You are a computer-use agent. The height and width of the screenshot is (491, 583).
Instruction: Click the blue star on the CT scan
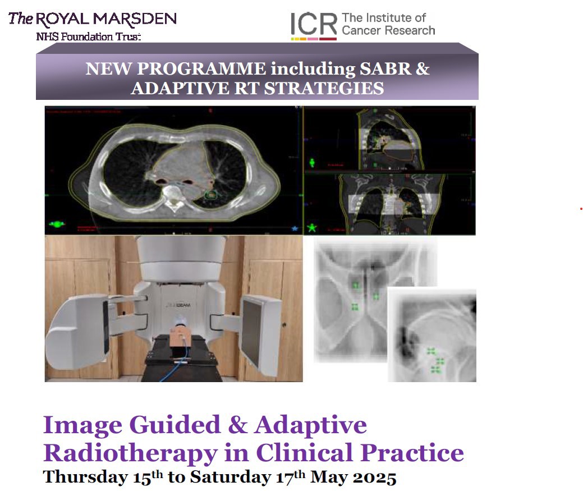pos(294,228)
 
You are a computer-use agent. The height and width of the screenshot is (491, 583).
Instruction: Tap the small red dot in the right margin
pos(581,209)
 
